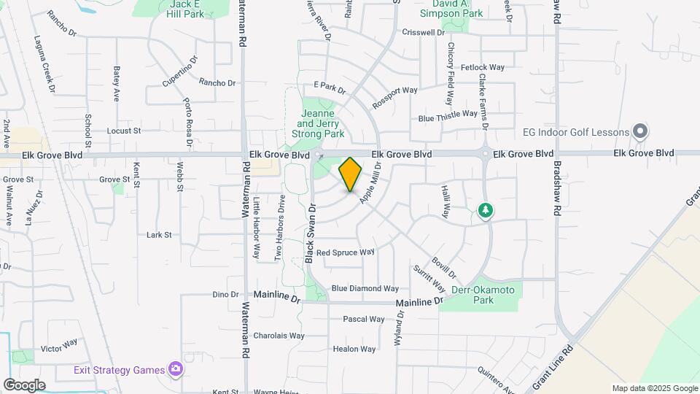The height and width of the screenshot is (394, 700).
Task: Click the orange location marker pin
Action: [350, 174]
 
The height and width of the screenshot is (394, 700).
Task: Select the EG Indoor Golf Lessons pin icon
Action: [640, 132]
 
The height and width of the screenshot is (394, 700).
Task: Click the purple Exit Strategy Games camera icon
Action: [175, 368]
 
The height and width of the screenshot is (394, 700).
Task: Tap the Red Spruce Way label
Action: [345, 252]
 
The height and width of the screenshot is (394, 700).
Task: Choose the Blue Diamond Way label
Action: [365, 289]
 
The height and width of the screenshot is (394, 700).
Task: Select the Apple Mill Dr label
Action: [371, 185]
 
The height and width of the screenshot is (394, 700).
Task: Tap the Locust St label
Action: [123, 131]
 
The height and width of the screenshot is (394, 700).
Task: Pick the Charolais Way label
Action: [279, 336]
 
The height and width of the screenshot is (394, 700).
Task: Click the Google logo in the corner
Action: [24, 385]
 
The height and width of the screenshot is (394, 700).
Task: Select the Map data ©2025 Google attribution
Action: [655, 388]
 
